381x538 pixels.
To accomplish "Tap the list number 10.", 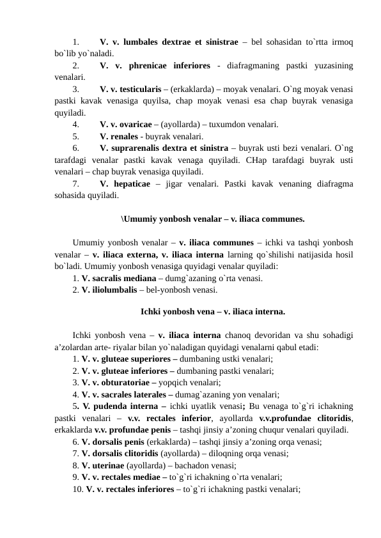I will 78,489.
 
